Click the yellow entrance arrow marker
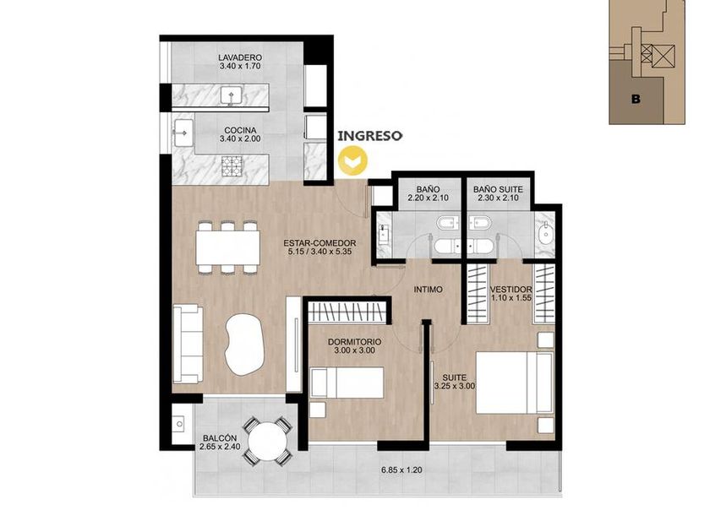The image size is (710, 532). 354,160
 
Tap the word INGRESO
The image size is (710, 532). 370,136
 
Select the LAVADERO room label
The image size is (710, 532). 240,58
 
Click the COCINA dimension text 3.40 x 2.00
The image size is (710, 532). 240,138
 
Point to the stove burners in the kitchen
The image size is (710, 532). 232,166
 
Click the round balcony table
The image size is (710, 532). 267,441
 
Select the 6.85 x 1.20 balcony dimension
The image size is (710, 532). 401,470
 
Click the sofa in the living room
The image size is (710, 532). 188,344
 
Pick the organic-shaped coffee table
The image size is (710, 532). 244,344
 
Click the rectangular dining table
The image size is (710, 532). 228,247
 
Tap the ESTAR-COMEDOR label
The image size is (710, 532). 319,243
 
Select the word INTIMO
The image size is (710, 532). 428,290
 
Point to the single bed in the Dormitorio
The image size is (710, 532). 347,383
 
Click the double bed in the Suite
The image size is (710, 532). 515,383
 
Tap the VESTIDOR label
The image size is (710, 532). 511,290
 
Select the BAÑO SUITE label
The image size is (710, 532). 498,189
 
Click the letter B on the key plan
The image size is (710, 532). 636,99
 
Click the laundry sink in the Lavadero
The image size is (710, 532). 232,95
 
